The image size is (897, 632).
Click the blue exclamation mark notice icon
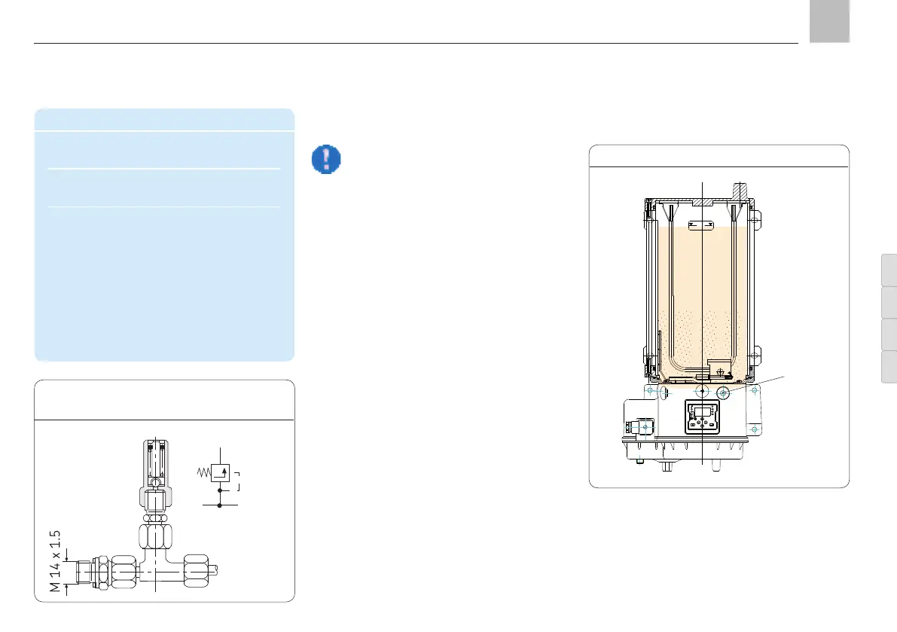point(326,159)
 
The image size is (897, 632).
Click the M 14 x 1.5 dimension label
point(55,561)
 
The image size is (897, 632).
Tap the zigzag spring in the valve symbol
point(203,472)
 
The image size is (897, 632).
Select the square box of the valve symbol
point(220,472)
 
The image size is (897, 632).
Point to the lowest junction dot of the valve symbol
point(220,505)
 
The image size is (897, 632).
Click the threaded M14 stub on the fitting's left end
point(85,570)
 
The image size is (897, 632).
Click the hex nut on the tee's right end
point(196,569)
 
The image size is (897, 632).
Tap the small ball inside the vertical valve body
point(155,484)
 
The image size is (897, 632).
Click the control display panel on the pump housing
point(702,417)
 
